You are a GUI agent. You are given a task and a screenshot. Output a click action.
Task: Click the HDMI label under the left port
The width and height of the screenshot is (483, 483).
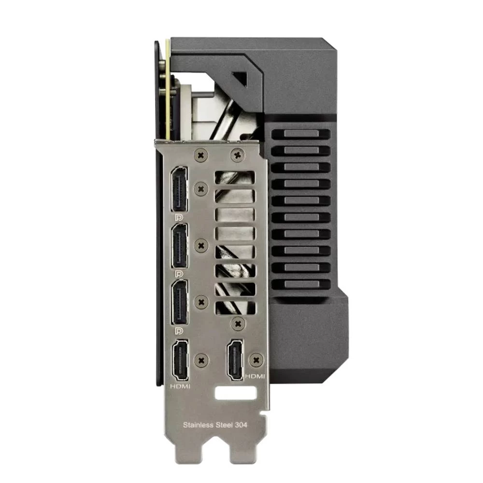180,387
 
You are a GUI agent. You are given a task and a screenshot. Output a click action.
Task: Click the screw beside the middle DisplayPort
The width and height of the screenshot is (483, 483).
200,245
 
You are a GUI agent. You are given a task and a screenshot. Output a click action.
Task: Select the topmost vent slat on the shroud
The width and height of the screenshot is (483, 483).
301,134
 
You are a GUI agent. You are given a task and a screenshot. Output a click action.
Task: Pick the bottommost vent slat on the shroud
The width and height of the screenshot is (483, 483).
301,284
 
